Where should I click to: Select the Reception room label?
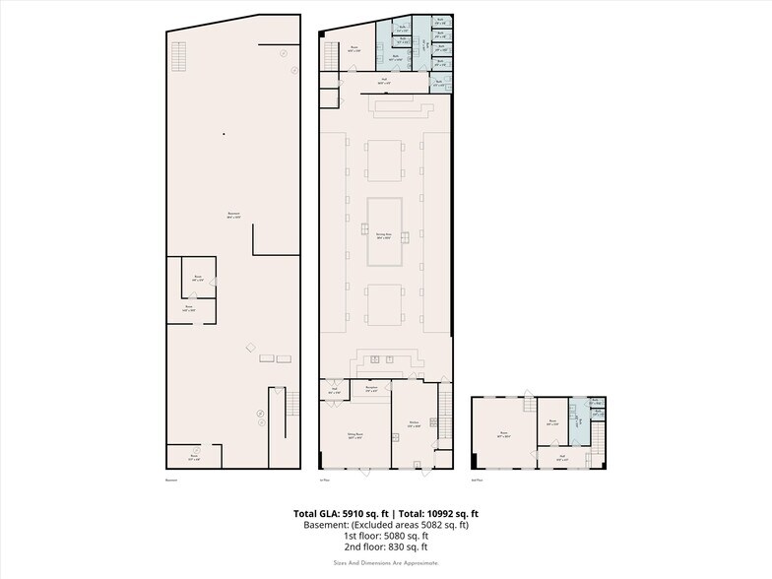[372, 388]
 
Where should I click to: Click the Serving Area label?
[384, 234]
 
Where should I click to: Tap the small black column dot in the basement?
[224, 134]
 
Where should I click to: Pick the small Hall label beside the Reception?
[334, 392]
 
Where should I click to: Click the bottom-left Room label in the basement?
[196, 457]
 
